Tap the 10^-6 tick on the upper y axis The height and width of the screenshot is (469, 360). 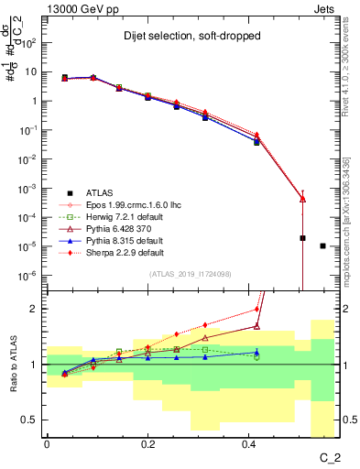click(30, 276)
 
